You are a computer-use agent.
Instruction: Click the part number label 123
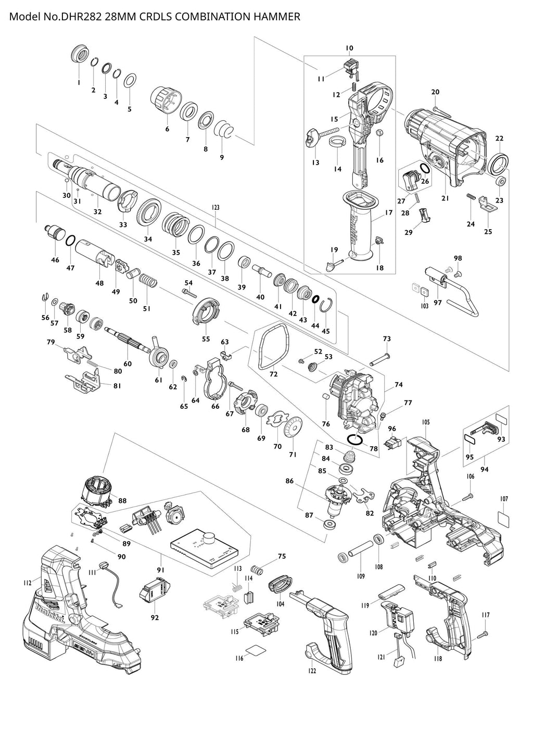[215, 207]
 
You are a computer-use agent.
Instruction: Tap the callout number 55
[206, 339]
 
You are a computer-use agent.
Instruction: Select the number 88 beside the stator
[122, 501]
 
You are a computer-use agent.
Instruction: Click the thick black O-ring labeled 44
[315, 299]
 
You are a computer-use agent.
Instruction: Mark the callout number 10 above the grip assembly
[349, 48]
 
